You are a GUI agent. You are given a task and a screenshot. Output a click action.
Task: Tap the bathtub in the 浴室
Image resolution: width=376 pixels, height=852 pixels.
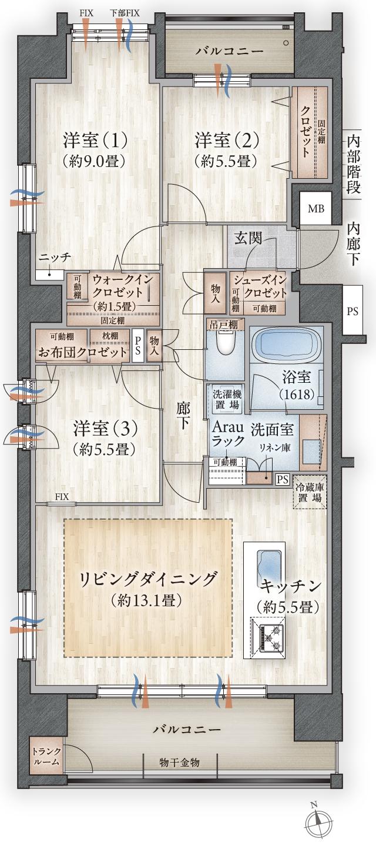(284, 348)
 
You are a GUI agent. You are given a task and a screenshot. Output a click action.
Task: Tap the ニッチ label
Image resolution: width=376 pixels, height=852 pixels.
(55, 258)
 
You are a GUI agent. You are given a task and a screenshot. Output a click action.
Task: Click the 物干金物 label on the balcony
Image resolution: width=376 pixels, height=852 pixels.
(179, 762)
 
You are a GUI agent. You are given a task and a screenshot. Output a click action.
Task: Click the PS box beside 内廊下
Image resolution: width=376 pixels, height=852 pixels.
(352, 312)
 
